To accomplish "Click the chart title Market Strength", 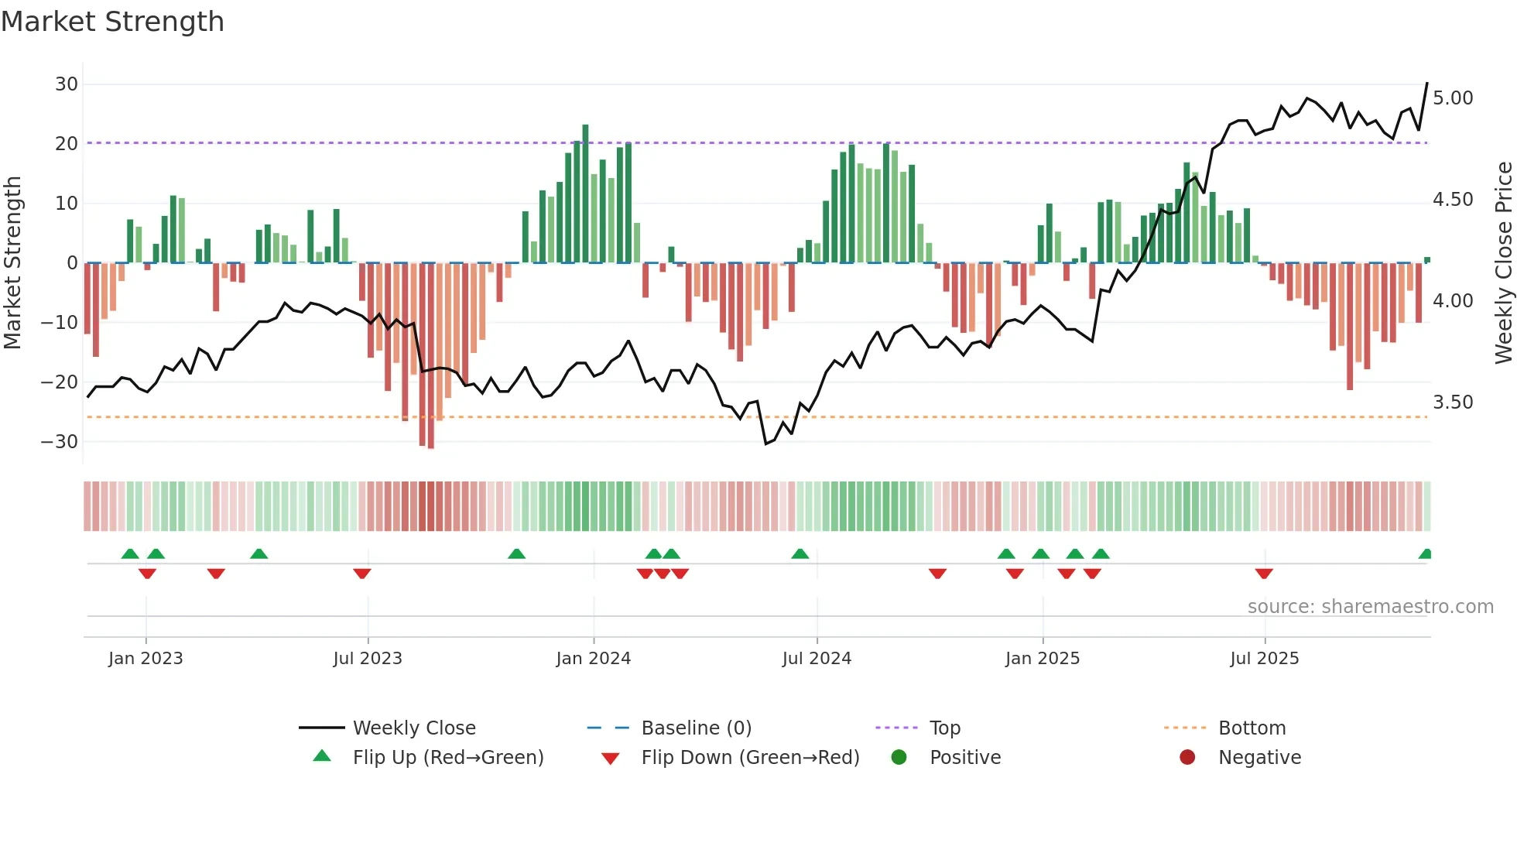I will pyautogui.click(x=112, y=22).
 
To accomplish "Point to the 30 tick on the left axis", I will pyautogui.click(x=67, y=84).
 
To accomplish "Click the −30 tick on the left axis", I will pyautogui.click(x=60, y=441).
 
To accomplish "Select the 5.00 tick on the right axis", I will pyautogui.click(x=1453, y=98).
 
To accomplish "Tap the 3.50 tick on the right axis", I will pyautogui.click(x=1453, y=402).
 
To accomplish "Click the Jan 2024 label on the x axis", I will pyautogui.click(x=593, y=658).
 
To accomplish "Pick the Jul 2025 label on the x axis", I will pyautogui.click(x=1264, y=658).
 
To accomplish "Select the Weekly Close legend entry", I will pyautogui.click(x=413, y=728).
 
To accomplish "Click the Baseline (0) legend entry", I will pyautogui.click(x=696, y=728).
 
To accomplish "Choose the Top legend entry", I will pyautogui.click(x=944, y=728).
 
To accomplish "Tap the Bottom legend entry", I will pyautogui.click(x=1252, y=728).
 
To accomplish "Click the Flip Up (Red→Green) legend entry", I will pyautogui.click(x=447, y=757).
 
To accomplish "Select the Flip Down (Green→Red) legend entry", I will pyautogui.click(x=749, y=757).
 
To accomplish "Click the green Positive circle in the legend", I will pyautogui.click(x=899, y=757).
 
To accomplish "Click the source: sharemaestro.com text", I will pyautogui.click(x=1370, y=606).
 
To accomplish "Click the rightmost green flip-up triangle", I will pyautogui.click(x=1425, y=554).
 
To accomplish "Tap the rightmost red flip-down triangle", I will pyautogui.click(x=1264, y=574).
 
